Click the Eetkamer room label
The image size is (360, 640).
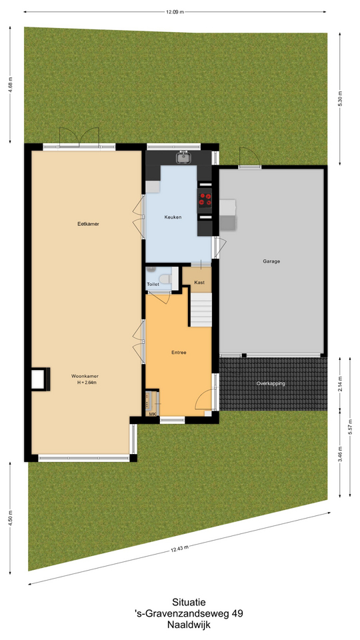click(x=89, y=224)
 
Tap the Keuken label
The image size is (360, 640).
click(x=173, y=217)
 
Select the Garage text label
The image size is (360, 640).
click(x=271, y=261)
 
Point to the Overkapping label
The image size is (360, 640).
click(x=271, y=384)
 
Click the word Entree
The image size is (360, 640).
click(x=179, y=352)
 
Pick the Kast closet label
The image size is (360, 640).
click(x=199, y=283)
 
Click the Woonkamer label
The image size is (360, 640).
click(x=85, y=376)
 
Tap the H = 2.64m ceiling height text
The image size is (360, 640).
click(x=87, y=383)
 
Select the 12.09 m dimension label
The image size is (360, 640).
click(x=175, y=12)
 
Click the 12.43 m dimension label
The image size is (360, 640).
click(x=179, y=548)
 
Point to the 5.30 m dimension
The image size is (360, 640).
click(x=340, y=99)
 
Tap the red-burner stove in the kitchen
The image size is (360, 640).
click(x=205, y=199)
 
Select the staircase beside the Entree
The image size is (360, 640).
click(x=201, y=309)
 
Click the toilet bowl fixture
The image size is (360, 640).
click(x=166, y=279)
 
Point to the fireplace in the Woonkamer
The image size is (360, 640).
click(x=40, y=379)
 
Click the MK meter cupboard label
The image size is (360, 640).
click(x=152, y=414)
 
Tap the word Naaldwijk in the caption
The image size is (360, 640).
click(x=189, y=624)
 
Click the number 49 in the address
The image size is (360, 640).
click(x=238, y=613)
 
